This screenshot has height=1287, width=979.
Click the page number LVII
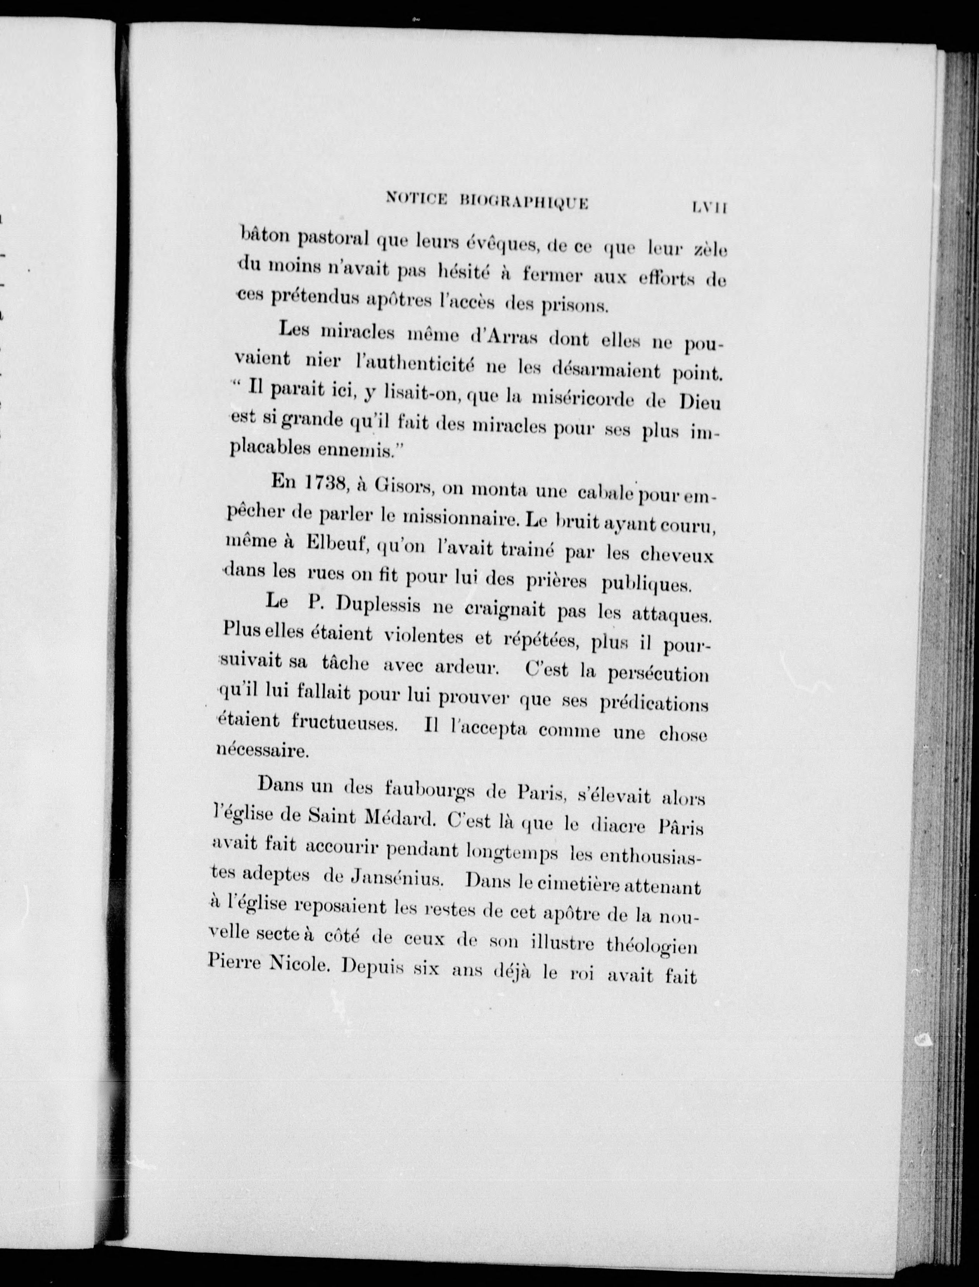708,207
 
